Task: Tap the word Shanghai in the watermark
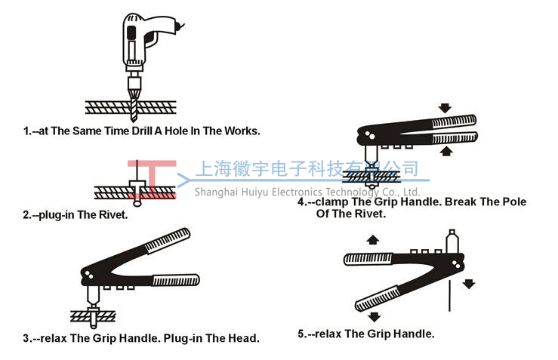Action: click(x=217, y=192)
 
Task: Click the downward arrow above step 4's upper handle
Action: click(x=445, y=108)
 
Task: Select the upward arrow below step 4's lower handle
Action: click(x=446, y=151)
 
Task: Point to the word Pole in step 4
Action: click(x=514, y=202)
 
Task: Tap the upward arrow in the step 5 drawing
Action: click(x=372, y=240)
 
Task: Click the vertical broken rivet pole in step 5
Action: click(x=450, y=296)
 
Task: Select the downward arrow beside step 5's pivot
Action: click(x=469, y=284)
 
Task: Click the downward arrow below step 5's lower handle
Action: click(x=374, y=316)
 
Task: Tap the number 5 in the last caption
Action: click(x=301, y=334)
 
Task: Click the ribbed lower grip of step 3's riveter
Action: click(x=176, y=280)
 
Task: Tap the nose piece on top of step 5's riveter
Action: click(x=452, y=242)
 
